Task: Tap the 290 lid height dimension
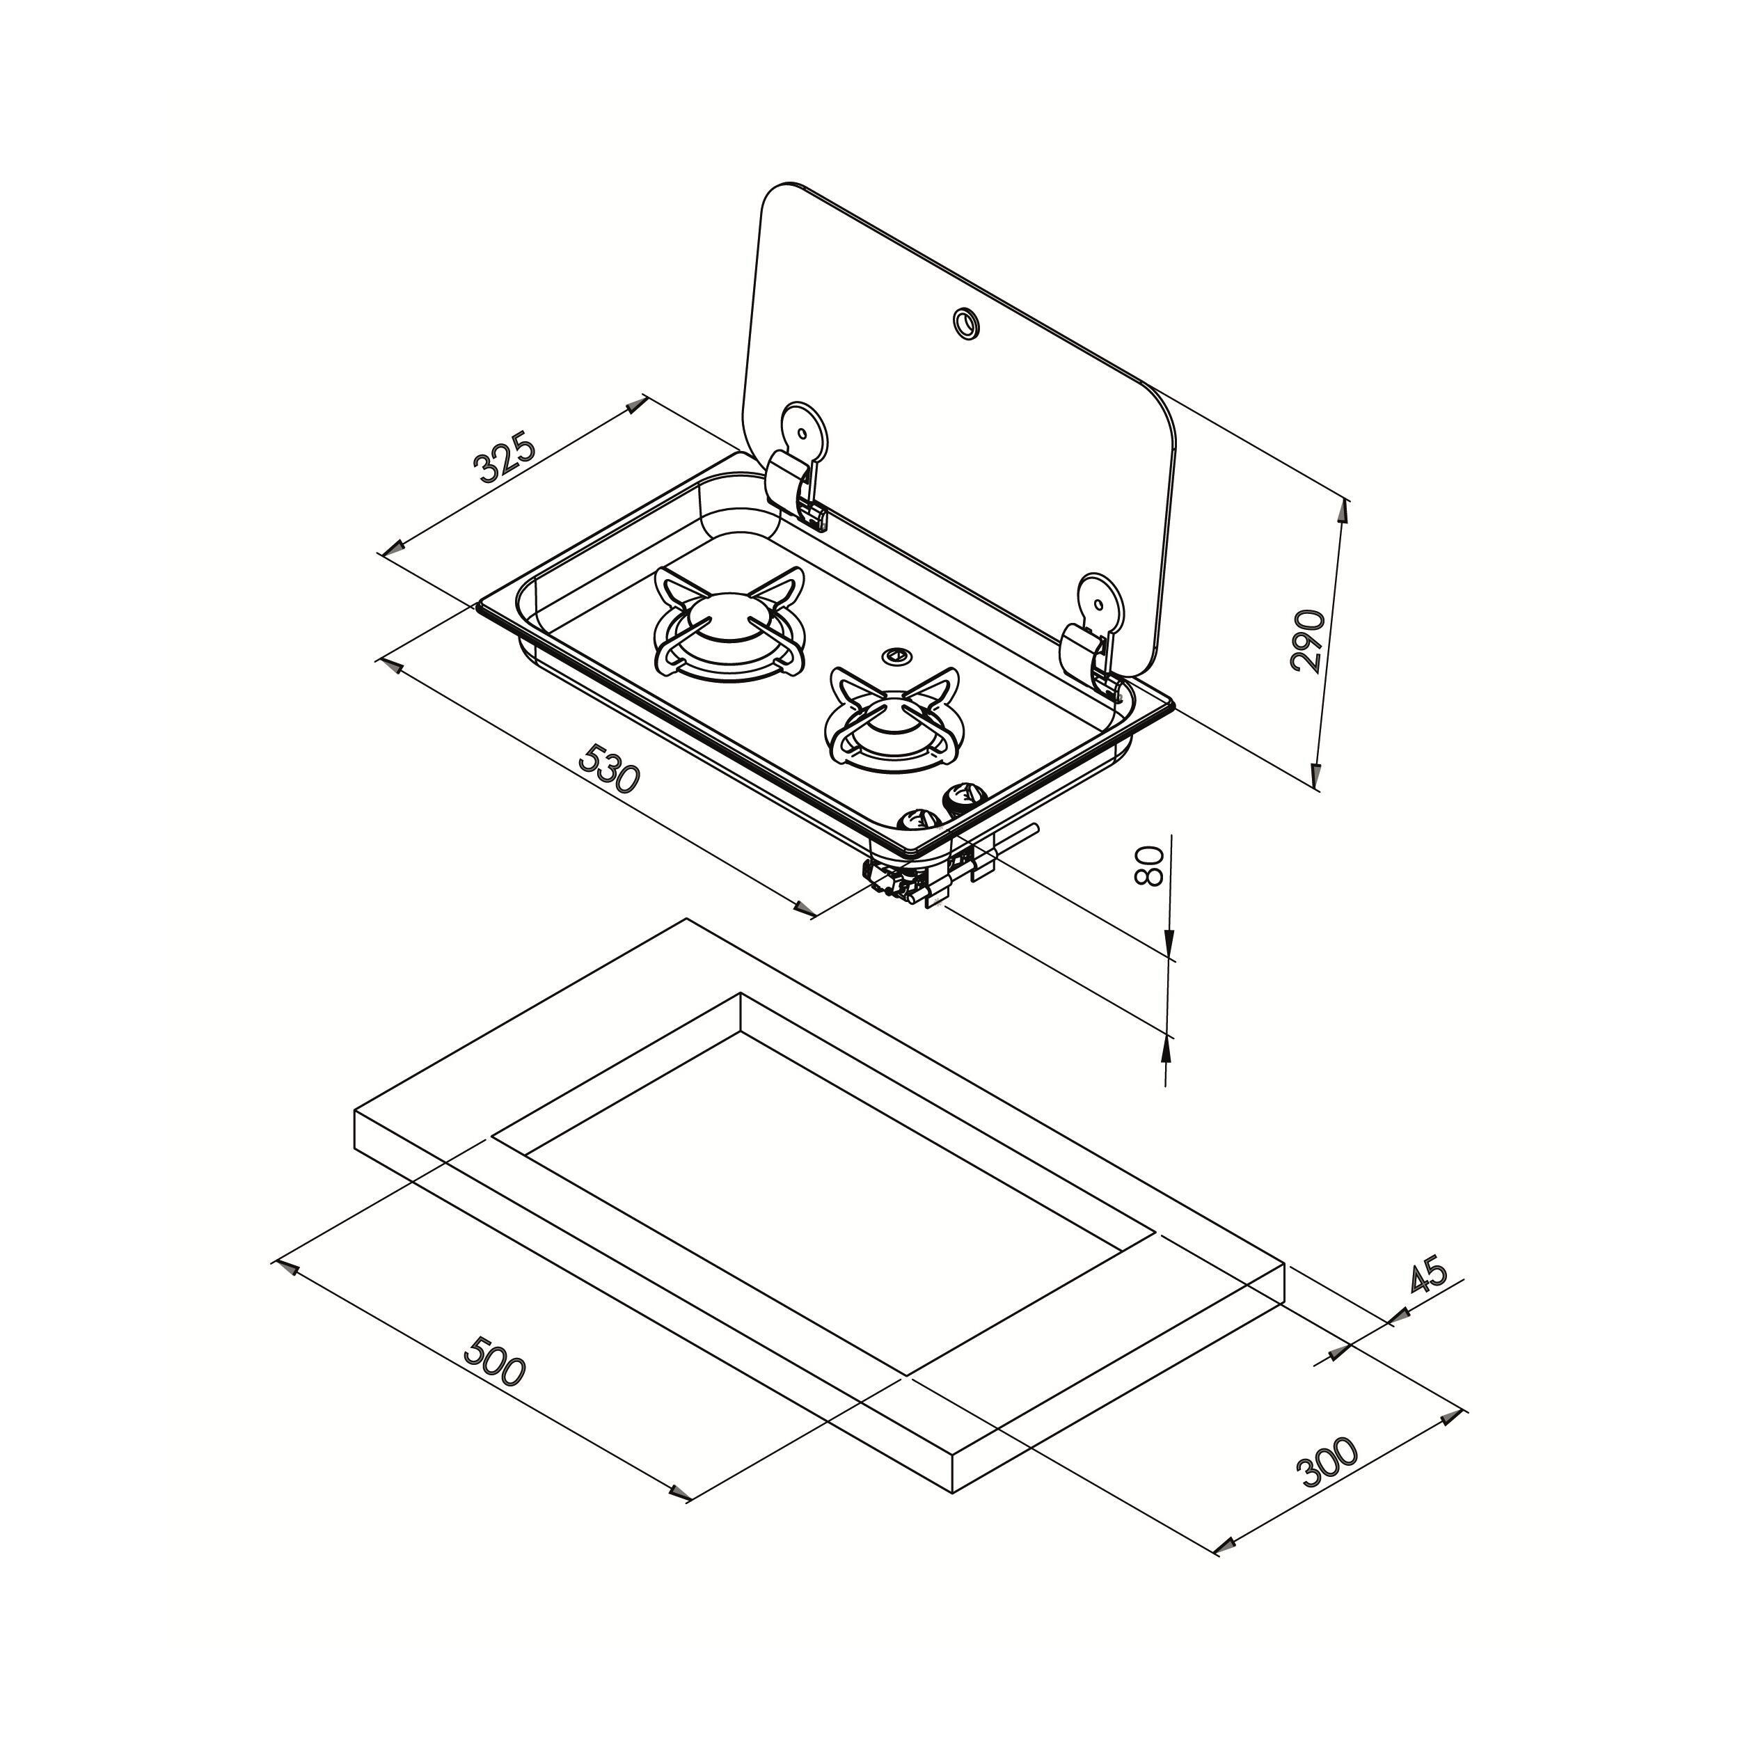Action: pyautogui.click(x=1308, y=640)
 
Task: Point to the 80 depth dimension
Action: pyautogui.click(x=1151, y=864)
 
